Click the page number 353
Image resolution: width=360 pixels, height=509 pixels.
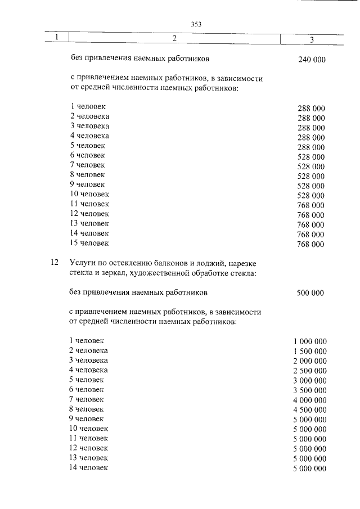(196, 24)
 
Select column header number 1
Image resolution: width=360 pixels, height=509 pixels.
(57, 38)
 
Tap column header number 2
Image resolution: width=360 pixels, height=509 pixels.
(174, 38)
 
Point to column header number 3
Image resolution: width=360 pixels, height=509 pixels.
(312, 39)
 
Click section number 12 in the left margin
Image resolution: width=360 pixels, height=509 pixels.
(55, 263)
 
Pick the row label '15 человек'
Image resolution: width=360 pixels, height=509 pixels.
(89, 243)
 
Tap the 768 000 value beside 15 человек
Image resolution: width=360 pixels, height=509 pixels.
(310, 244)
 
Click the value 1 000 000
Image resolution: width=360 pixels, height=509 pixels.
(309, 342)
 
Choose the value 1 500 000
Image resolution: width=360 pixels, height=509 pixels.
(309, 352)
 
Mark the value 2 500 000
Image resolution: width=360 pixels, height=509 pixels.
(309, 371)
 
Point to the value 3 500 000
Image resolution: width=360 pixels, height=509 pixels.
(309, 390)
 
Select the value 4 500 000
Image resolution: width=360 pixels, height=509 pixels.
(309, 410)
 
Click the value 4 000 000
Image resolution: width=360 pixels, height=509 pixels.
(309, 400)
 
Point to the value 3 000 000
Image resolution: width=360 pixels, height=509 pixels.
(309, 381)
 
